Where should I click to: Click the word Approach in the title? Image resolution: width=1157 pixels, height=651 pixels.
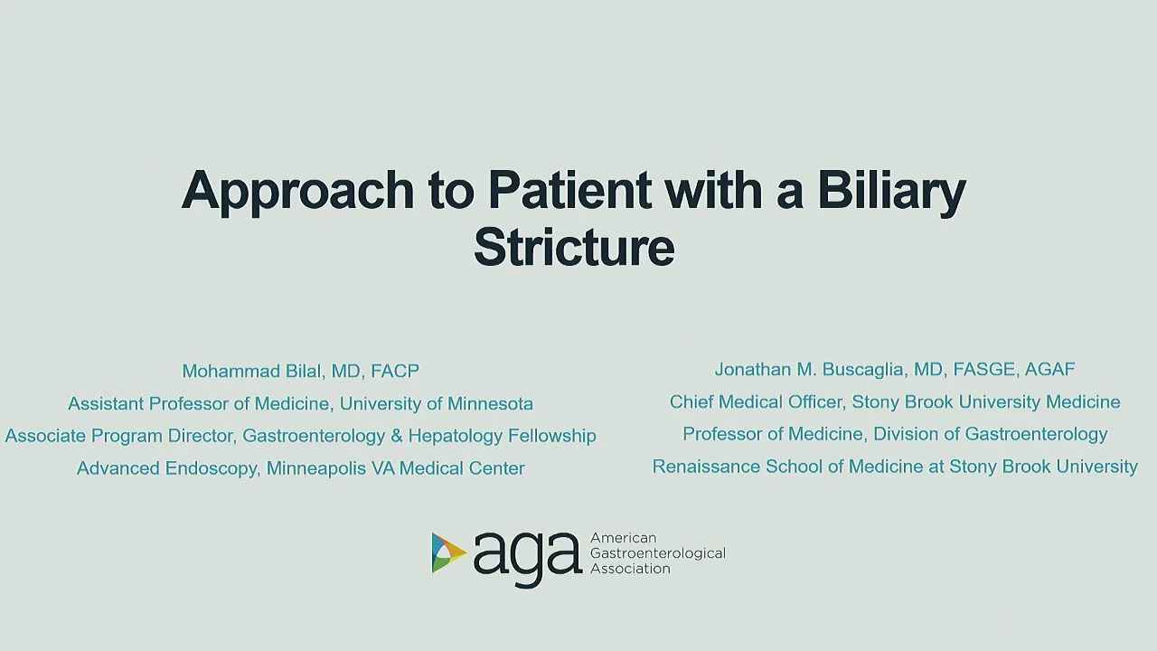click(x=297, y=191)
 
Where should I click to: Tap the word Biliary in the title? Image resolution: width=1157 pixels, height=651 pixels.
click(x=891, y=191)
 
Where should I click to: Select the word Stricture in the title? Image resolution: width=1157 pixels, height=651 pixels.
click(x=574, y=247)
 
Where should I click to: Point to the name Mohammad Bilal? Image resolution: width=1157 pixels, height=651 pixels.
click(x=252, y=371)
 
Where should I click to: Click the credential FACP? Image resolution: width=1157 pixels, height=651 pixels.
click(x=395, y=371)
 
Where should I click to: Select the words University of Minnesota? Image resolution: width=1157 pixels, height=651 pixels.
click(x=436, y=403)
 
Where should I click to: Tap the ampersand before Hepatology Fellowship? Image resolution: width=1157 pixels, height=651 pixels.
click(x=397, y=436)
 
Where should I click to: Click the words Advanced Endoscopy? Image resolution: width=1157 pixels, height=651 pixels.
click(x=167, y=468)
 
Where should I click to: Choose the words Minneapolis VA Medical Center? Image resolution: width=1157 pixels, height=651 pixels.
click(x=395, y=468)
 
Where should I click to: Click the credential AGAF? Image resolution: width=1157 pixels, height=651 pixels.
click(x=1049, y=369)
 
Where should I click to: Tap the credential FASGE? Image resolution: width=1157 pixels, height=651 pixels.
click(x=984, y=369)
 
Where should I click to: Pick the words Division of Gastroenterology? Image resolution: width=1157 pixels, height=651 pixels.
click(x=990, y=434)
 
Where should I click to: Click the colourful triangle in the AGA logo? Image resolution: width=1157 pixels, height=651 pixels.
click(x=447, y=552)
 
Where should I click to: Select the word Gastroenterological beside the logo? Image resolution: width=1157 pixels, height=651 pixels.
click(x=657, y=553)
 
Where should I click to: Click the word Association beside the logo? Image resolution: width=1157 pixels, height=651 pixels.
click(x=630, y=569)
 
